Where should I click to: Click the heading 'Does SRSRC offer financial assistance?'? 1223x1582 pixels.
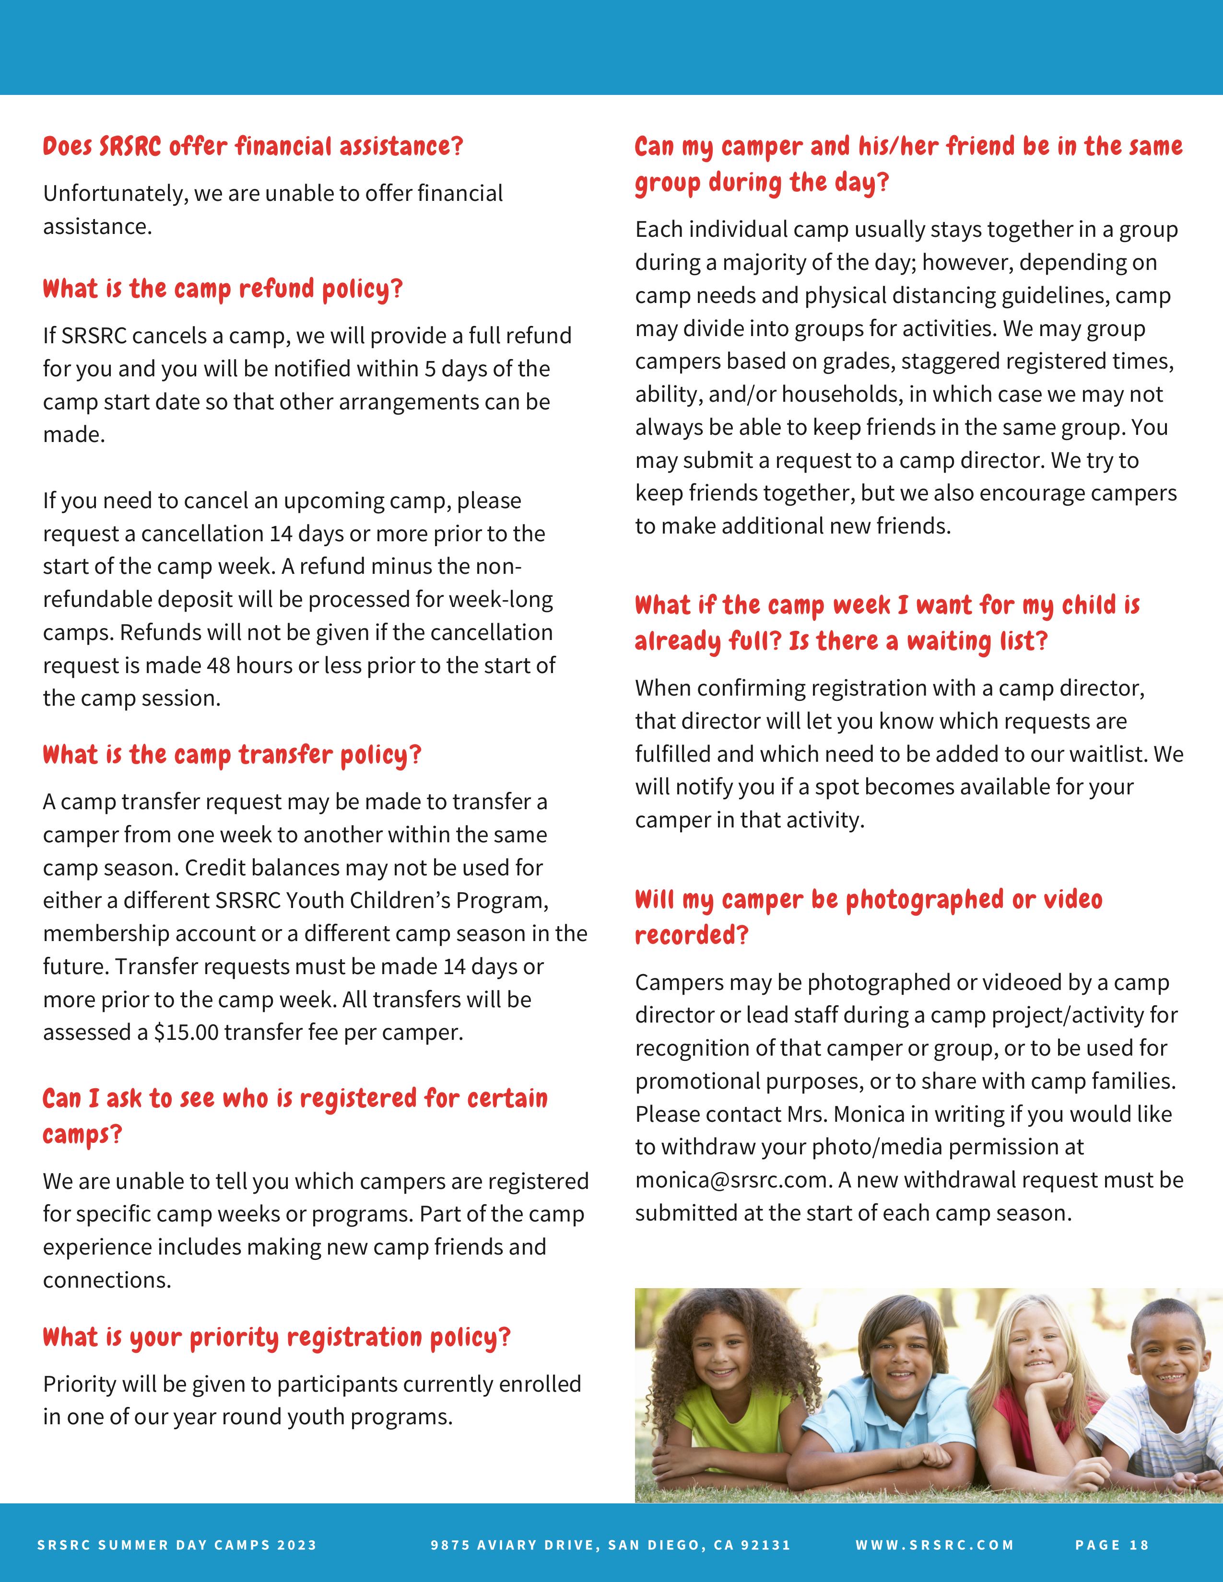tap(253, 146)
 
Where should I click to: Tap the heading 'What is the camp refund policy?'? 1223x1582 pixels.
tap(223, 289)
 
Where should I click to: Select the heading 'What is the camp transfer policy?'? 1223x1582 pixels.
tap(232, 755)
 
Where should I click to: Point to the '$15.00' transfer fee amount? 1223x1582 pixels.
tap(186, 1032)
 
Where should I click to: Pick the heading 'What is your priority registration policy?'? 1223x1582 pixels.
tap(277, 1337)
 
